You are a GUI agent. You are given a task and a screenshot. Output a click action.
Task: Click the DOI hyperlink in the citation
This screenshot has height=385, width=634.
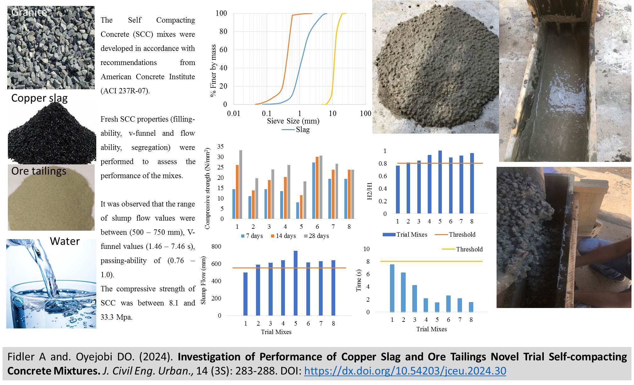coord(405,371)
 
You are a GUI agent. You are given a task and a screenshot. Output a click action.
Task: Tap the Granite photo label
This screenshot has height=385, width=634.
coord(29,12)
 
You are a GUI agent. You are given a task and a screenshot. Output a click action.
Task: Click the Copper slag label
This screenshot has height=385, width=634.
coord(39,98)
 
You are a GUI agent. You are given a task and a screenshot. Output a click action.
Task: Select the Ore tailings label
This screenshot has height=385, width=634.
coord(39,171)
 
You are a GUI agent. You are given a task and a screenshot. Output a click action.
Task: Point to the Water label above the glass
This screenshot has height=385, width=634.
coord(65,241)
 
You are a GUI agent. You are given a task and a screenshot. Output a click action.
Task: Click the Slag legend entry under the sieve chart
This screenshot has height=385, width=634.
coord(303,129)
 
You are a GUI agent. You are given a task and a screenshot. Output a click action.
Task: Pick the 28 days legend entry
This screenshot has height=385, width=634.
coord(319,236)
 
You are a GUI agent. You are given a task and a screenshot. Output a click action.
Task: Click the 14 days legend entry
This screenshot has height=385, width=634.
coord(286,236)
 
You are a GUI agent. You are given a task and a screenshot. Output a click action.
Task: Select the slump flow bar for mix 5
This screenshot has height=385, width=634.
coord(296,283)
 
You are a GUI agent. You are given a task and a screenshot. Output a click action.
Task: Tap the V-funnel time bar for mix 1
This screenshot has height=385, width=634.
coord(392,288)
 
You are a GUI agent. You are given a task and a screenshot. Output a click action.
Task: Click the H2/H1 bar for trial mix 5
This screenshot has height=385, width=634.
coord(440,182)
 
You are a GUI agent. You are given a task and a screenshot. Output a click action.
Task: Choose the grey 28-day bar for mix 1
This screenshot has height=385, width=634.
coord(241,184)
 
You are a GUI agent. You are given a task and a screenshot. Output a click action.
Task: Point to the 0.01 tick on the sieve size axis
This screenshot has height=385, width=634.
coord(234,113)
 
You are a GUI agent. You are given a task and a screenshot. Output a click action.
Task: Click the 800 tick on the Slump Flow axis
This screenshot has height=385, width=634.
coord(216,247)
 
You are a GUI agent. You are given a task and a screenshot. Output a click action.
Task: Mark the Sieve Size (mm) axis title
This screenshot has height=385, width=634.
coord(293,121)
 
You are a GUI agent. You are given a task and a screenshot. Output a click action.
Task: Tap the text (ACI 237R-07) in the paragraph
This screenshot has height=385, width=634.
coord(125,91)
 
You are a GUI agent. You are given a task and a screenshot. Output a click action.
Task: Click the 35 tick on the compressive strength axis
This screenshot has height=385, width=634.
coord(220,147)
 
